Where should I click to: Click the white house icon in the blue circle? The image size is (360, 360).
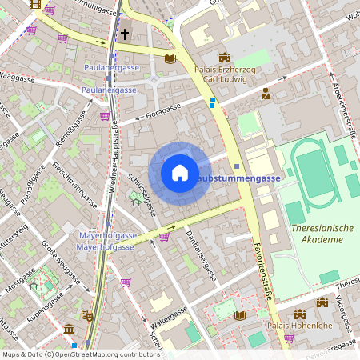180,173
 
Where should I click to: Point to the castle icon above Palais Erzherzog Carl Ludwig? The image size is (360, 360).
224,58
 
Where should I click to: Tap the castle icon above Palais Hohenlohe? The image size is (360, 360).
322,302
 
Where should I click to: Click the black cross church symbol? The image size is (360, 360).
125,34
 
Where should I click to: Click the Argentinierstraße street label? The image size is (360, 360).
343,105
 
